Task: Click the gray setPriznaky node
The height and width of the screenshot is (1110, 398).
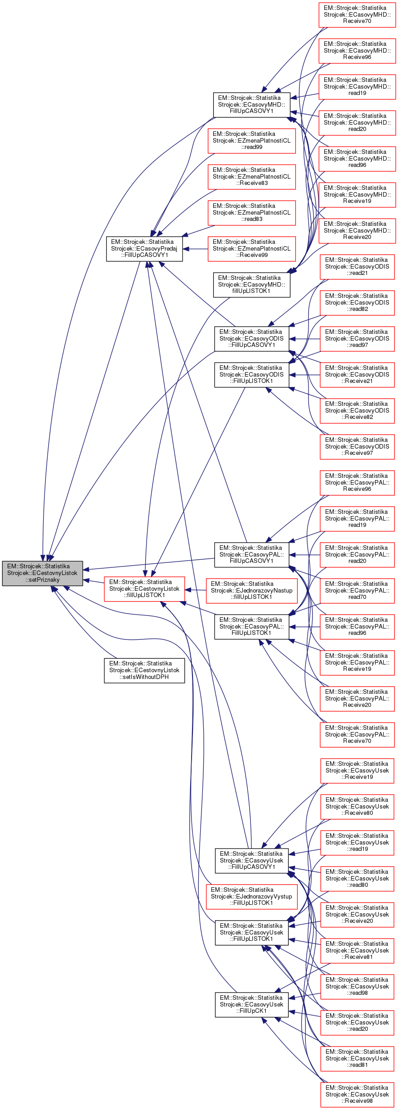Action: [x=42, y=573]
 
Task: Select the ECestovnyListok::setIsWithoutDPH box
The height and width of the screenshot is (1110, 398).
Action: [x=144, y=670]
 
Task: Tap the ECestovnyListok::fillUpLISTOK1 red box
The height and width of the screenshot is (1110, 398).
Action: [x=144, y=589]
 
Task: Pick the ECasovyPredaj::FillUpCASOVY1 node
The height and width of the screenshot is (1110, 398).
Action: [x=144, y=248]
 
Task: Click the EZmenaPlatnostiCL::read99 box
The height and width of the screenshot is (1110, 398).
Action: [x=251, y=140]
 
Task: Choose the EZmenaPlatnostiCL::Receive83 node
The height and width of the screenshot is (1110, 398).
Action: [x=251, y=176]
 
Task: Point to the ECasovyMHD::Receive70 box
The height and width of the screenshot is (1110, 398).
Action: [x=357, y=14]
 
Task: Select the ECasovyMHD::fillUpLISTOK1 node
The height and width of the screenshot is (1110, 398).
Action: [x=251, y=284]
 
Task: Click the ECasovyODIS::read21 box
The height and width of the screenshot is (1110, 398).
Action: [x=357, y=266]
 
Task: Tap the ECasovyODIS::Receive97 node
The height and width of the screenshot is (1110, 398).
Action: [x=357, y=446]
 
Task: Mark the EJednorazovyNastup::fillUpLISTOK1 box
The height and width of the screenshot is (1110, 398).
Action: [x=251, y=590]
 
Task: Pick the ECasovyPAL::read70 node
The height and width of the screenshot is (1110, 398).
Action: [x=357, y=590]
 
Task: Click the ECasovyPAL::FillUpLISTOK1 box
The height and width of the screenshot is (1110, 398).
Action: [x=251, y=626]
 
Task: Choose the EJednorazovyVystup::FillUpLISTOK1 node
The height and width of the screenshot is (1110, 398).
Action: [x=251, y=896]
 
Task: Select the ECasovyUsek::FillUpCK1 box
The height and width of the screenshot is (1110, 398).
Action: [x=251, y=1004]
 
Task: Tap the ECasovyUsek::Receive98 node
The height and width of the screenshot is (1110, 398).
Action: [x=357, y=1094]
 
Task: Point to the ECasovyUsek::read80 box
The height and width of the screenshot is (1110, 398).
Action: [x=357, y=878]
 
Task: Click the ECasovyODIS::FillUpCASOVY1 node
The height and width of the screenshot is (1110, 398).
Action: [x=251, y=338]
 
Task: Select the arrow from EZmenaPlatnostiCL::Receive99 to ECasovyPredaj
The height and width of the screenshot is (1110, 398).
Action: [x=195, y=249]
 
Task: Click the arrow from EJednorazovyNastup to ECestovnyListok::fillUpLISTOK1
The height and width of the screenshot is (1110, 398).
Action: [x=195, y=590]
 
